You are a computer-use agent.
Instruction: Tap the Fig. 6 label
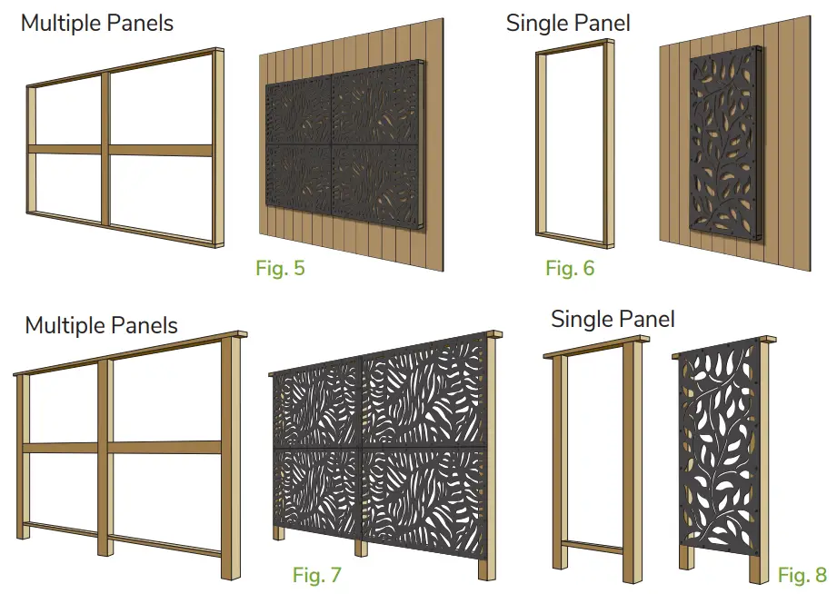coord(569,268)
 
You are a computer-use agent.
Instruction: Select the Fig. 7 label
coord(317,574)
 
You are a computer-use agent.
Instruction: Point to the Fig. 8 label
coord(802,575)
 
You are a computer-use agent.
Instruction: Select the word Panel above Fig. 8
coord(644,319)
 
